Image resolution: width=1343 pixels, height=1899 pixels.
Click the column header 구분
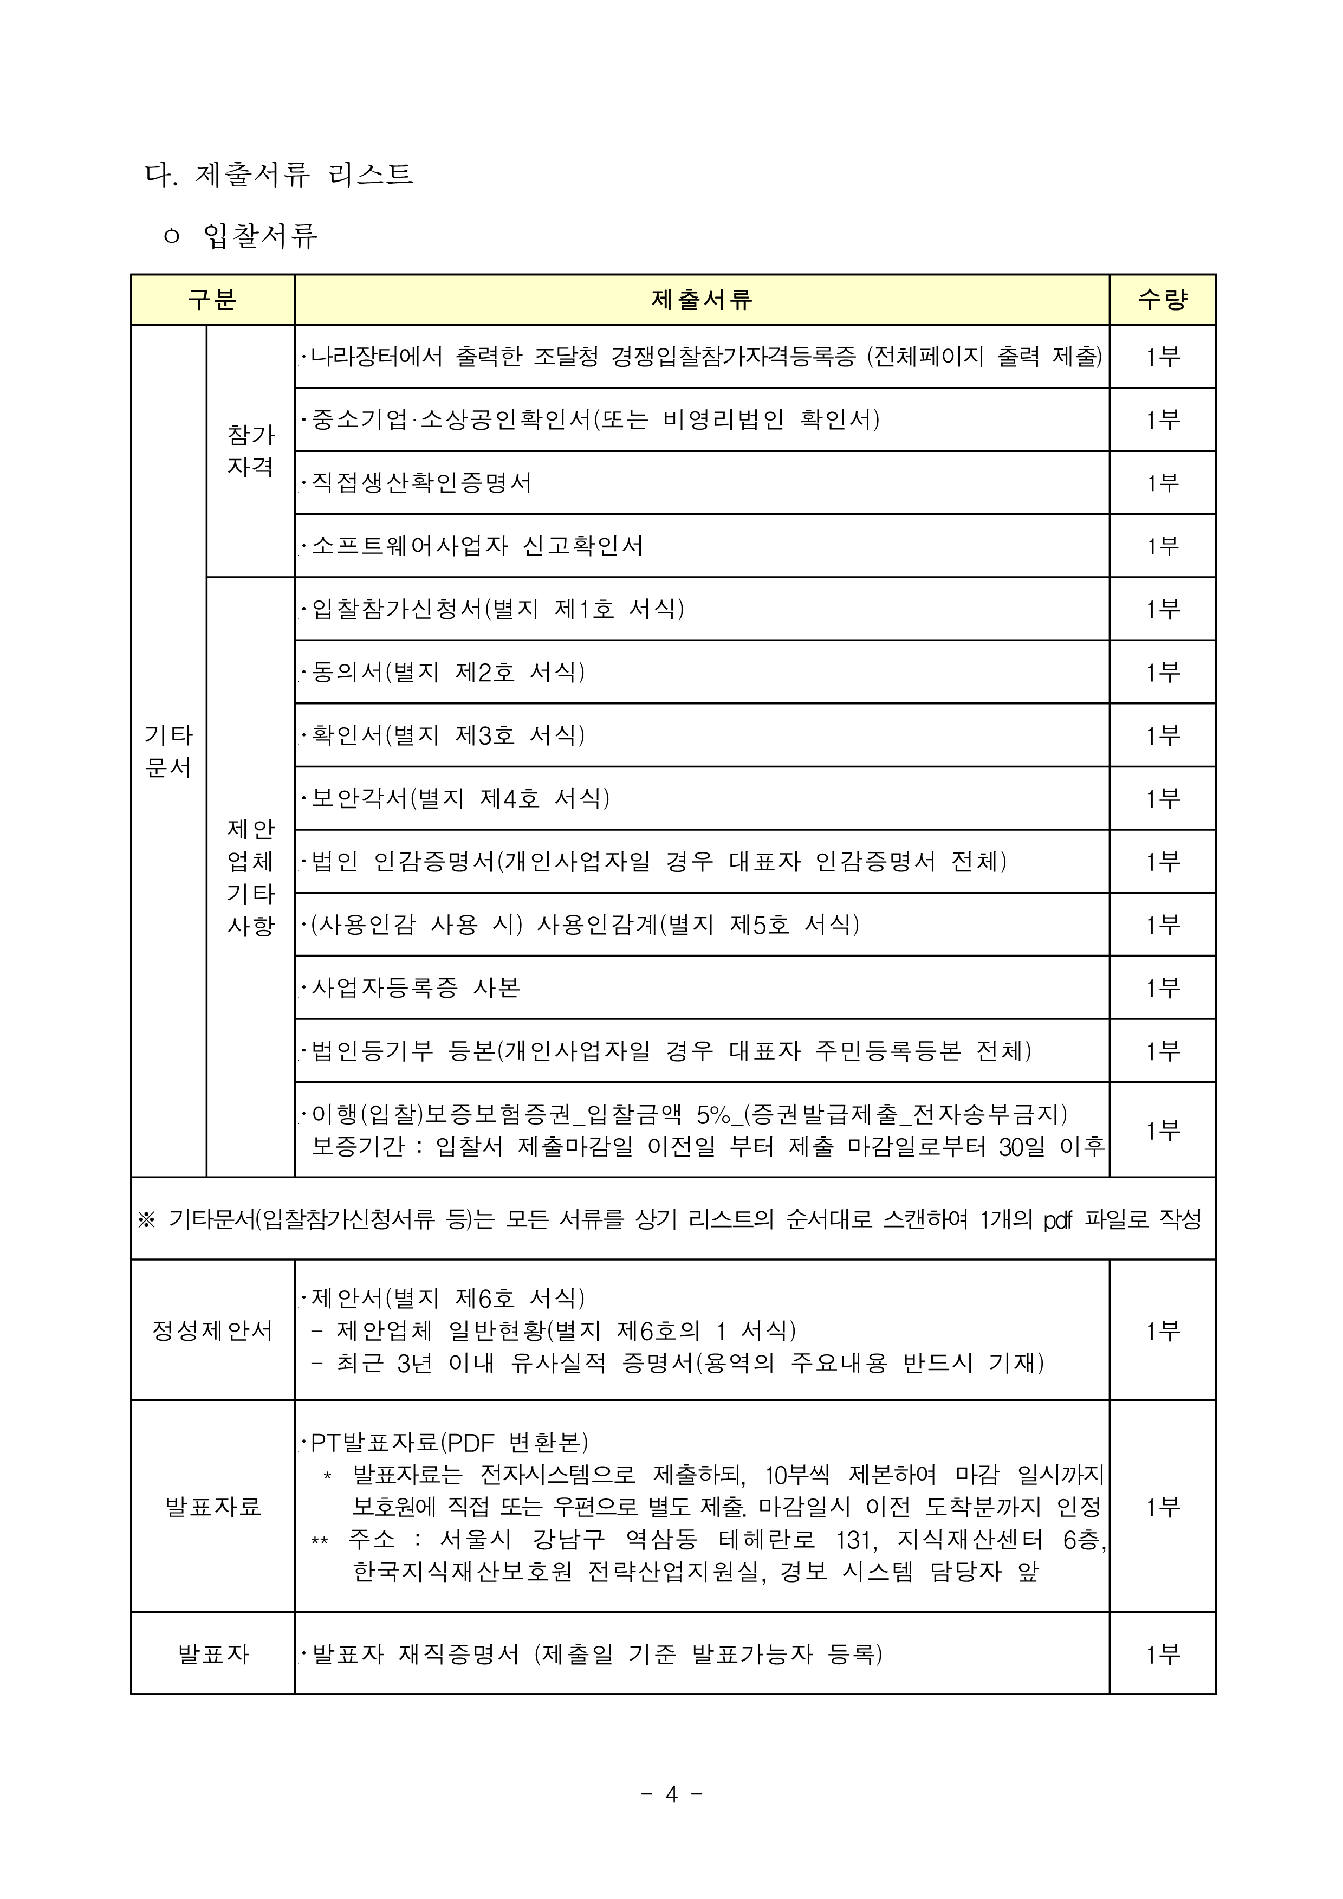pyautogui.click(x=212, y=299)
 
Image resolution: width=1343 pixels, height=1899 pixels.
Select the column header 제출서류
pyautogui.click(x=701, y=299)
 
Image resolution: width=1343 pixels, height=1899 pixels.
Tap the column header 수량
pyautogui.click(x=1162, y=299)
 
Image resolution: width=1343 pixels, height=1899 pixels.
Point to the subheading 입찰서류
pyautogui.click(x=259, y=236)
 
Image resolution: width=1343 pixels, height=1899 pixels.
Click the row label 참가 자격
pyautogui.click(x=250, y=451)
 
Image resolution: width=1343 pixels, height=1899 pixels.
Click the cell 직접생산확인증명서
pyautogui.click(x=421, y=482)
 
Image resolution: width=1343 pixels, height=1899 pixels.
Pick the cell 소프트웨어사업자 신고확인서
pyautogui.click(x=476, y=546)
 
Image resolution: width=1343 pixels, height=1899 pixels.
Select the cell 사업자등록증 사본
pyautogui.click(x=415, y=987)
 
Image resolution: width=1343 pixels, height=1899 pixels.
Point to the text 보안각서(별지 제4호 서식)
pyautogui.click(x=460, y=798)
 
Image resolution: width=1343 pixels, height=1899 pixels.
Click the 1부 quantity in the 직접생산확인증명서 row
pyautogui.click(x=1162, y=482)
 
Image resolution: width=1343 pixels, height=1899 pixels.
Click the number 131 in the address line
pyautogui.click(x=853, y=1539)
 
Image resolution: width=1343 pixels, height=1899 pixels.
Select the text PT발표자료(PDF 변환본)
pyautogui.click(x=449, y=1443)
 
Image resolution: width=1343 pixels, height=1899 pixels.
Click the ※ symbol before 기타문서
pyautogui.click(x=146, y=1219)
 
